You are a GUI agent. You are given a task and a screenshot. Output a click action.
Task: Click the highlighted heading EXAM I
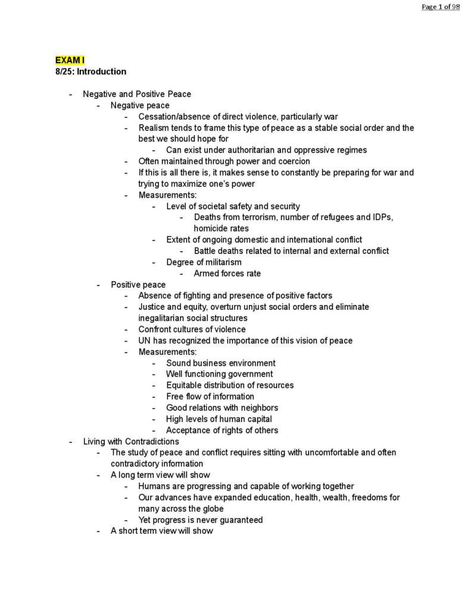[x=70, y=60]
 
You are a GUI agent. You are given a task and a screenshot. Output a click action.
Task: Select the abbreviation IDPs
[x=382, y=217]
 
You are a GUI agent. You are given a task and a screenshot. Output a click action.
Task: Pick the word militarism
[x=223, y=262]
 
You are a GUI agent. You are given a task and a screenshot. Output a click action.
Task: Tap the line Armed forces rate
[x=227, y=273]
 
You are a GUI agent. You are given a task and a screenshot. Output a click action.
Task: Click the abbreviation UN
[x=145, y=341]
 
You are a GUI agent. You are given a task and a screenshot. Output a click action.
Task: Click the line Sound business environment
[x=220, y=363]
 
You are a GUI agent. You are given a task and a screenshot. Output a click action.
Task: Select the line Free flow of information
[x=210, y=397]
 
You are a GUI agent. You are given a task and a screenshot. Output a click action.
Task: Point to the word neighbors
[x=258, y=408]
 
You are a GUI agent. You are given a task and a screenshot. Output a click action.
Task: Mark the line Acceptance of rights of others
[x=222, y=430]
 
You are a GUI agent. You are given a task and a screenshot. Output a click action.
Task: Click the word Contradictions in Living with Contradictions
[x=152, y=441]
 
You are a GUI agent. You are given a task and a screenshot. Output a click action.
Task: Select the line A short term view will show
[x=161, y=531]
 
